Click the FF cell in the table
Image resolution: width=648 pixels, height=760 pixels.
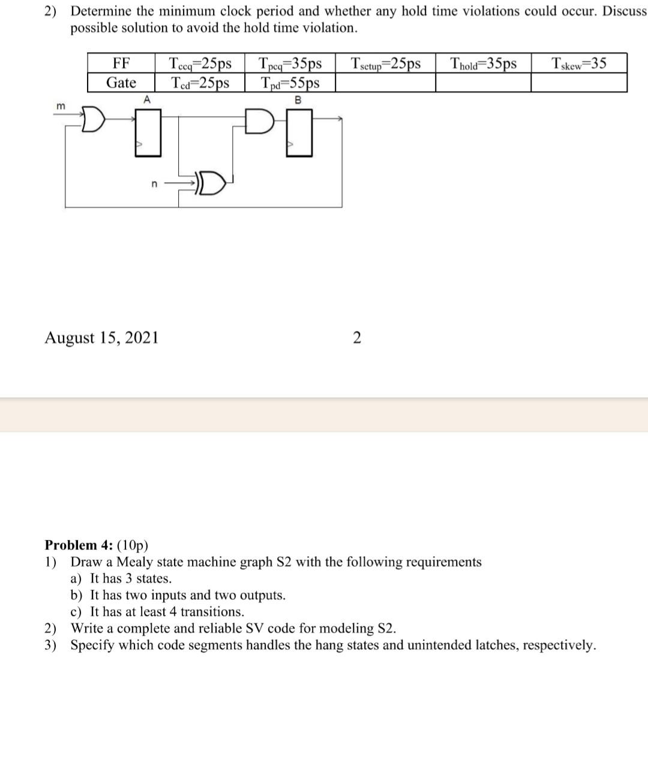121,64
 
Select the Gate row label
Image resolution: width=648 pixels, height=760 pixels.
121,83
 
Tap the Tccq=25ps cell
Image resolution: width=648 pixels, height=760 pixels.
200,64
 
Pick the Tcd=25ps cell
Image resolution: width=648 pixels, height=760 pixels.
200,83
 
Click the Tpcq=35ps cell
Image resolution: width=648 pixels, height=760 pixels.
290,64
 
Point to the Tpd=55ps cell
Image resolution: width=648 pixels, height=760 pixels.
290,83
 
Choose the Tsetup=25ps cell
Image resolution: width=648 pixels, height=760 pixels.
386,64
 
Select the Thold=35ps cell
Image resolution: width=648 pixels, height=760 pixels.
483,64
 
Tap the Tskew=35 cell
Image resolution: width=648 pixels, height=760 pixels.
579,64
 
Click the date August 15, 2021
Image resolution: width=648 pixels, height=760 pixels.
102,338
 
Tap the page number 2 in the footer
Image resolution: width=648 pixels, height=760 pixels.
357,339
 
